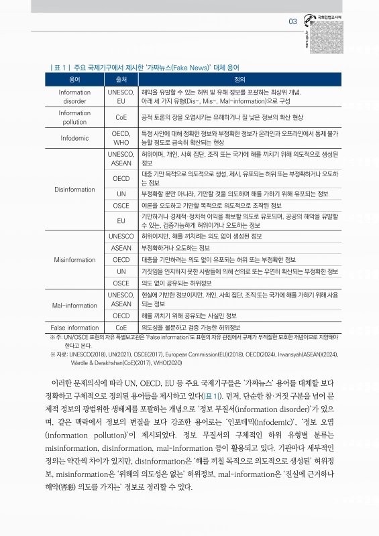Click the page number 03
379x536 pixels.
coord(292,21)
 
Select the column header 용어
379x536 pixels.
coord(74,80)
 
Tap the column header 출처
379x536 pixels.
coord(121,80)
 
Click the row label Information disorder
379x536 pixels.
coord(74,96)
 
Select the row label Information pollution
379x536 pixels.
coord(74,117)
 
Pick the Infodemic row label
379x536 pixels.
coord(74,138)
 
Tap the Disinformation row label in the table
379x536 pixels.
coord(74,189)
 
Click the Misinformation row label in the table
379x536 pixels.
coord(74,259)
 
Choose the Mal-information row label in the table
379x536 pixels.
coord(74,305)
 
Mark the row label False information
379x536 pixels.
coord(74,327)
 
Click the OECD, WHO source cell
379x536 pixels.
coord(121,138)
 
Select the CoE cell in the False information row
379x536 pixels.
coord(121,327)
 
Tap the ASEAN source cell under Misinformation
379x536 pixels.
coord(121,248)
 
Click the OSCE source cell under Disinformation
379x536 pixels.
coord(121,204)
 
